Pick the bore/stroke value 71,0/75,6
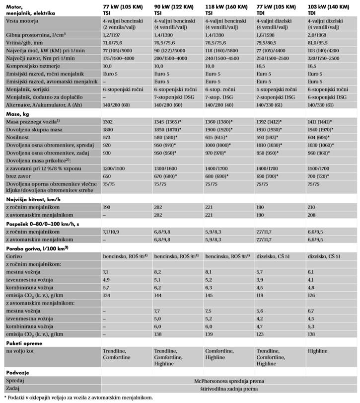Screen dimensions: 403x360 point(114,44)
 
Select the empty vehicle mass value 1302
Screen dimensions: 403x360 point(108,121)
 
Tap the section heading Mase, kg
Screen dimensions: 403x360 point(17,114)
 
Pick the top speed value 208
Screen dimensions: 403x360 point(312,214)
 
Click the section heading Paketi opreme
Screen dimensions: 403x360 point(23,342)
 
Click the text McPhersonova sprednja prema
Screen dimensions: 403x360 point(228,380)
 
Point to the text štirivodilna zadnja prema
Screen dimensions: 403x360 point(228,388)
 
